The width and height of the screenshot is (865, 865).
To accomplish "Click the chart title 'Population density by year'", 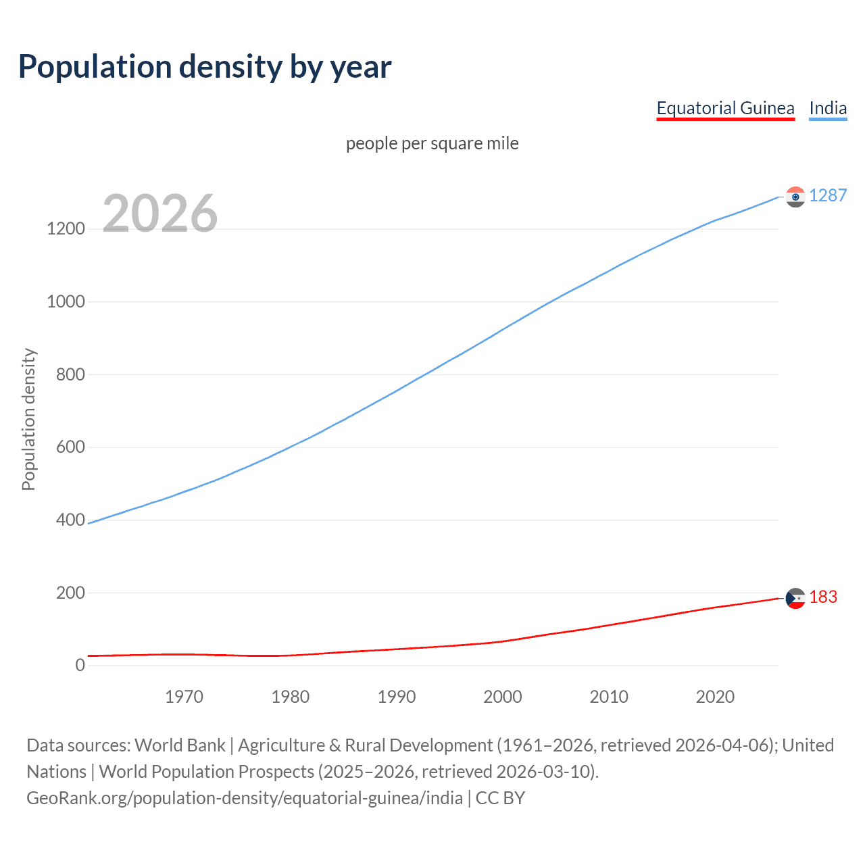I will [205, 67].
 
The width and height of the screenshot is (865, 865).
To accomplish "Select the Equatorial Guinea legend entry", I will [725, 109].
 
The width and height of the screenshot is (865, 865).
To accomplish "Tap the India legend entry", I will [828, 109].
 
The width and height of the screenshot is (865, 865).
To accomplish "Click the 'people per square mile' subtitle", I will [432, 144].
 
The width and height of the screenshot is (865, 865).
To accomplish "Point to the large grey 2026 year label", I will [160, 214].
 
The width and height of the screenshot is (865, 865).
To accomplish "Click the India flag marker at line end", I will [795, 197].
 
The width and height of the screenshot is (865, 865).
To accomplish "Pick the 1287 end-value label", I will [828, 196].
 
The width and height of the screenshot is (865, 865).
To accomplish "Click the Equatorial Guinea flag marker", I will [795, 598].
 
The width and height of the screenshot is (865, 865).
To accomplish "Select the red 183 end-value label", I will [823, 597].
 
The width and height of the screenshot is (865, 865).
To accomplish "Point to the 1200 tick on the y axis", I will [66, 229].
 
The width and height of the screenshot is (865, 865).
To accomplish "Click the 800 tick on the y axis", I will [71, 374].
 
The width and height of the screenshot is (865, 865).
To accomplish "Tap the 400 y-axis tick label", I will [71, 520].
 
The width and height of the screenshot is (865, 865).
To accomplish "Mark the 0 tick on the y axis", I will [80, 666].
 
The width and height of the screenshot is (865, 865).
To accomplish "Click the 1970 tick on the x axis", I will [184, 697].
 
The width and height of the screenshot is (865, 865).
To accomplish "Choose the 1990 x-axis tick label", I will [397, 697].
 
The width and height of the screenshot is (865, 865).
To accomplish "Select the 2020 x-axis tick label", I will [715, 697].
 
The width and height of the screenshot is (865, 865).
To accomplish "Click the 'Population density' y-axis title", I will [28, 419].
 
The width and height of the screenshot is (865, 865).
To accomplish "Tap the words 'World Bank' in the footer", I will [180, 745].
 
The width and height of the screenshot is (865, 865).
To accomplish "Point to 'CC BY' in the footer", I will [500, 798].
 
